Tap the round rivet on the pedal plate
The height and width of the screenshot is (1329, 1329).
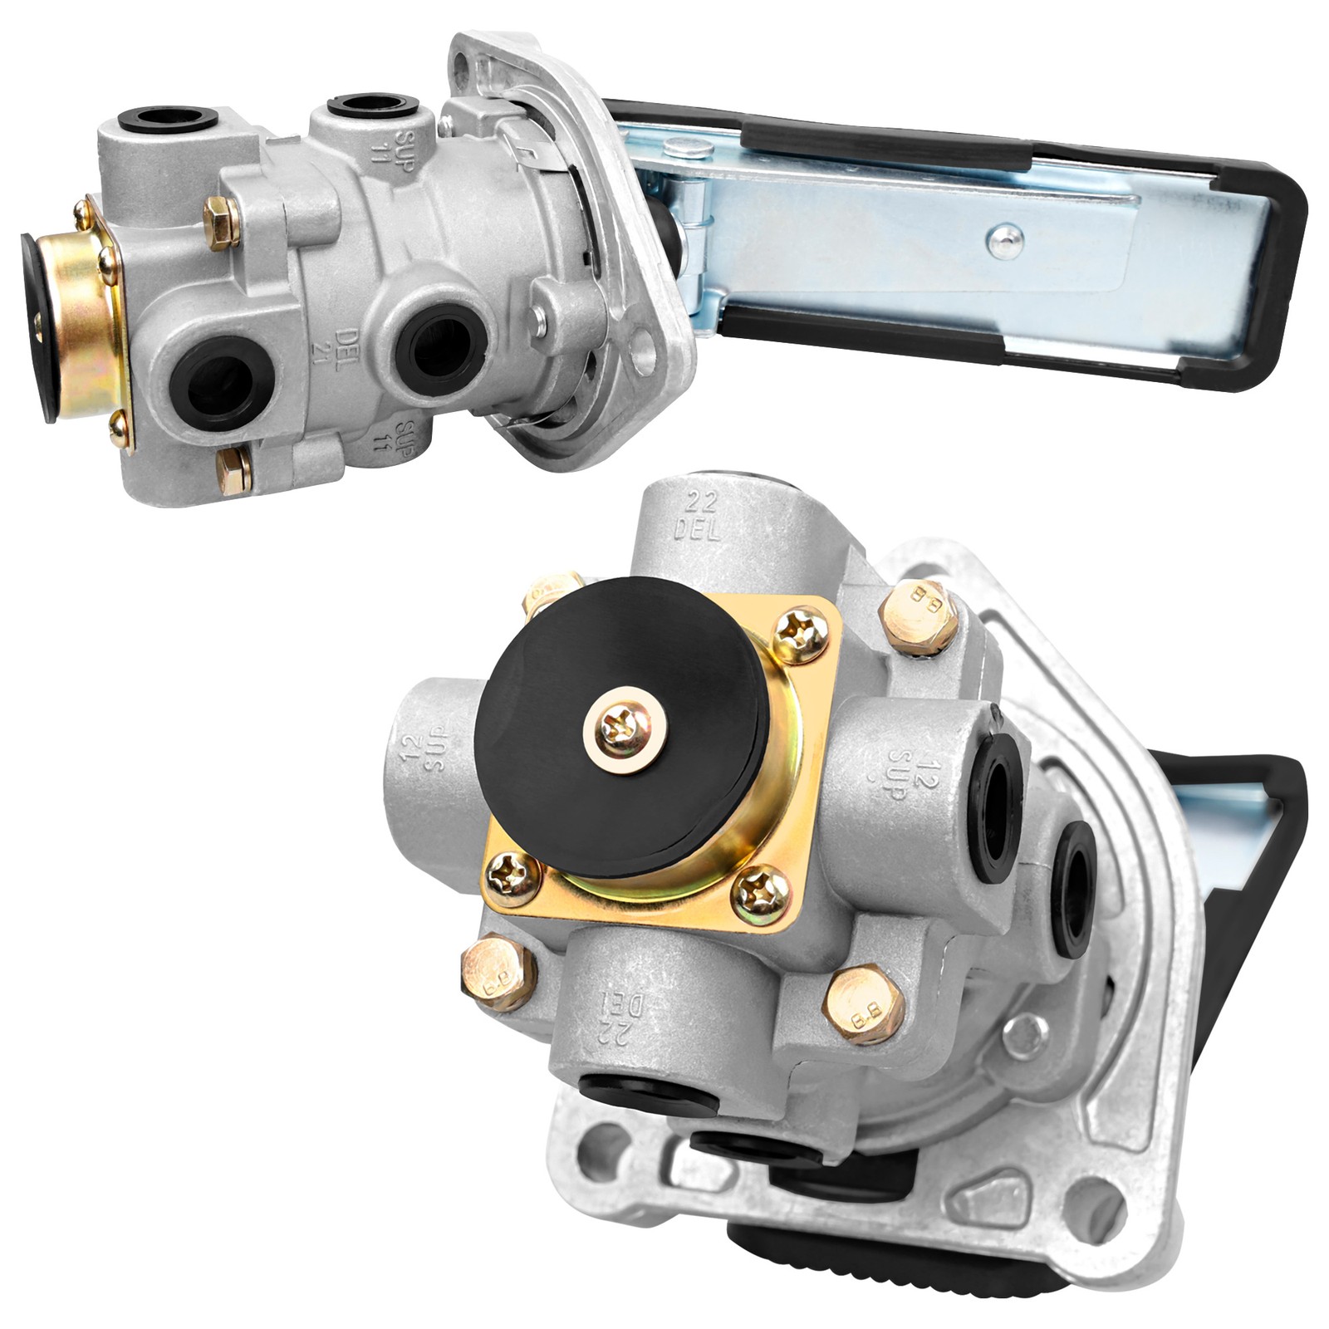(1004, 240)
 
